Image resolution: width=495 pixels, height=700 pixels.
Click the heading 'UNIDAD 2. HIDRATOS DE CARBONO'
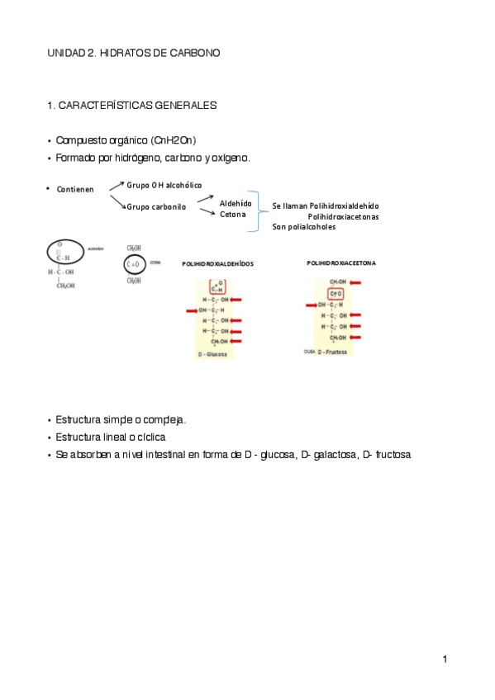[134, 53]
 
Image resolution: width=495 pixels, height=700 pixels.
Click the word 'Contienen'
[75, 190]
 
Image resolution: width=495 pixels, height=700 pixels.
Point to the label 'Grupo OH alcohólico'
[164, 185]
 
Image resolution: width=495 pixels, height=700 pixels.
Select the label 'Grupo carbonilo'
[156, 206]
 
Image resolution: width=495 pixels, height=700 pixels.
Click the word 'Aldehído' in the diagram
[236, 202]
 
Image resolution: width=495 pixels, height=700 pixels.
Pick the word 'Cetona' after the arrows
[232, 215]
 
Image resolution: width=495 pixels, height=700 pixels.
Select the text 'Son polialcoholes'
[303, 226]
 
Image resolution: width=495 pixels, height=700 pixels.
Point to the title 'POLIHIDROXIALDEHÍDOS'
[217, 264]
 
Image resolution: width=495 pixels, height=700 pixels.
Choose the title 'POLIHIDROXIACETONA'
[340, 263]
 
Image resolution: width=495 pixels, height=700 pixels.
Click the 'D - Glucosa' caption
[213, 353]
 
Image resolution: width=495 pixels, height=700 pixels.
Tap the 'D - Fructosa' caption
[335, 351]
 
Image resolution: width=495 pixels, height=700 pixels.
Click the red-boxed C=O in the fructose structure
[336, 294]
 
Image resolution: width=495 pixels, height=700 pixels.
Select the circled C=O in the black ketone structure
[133, 264]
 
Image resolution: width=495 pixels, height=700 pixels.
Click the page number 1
[445, 658]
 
